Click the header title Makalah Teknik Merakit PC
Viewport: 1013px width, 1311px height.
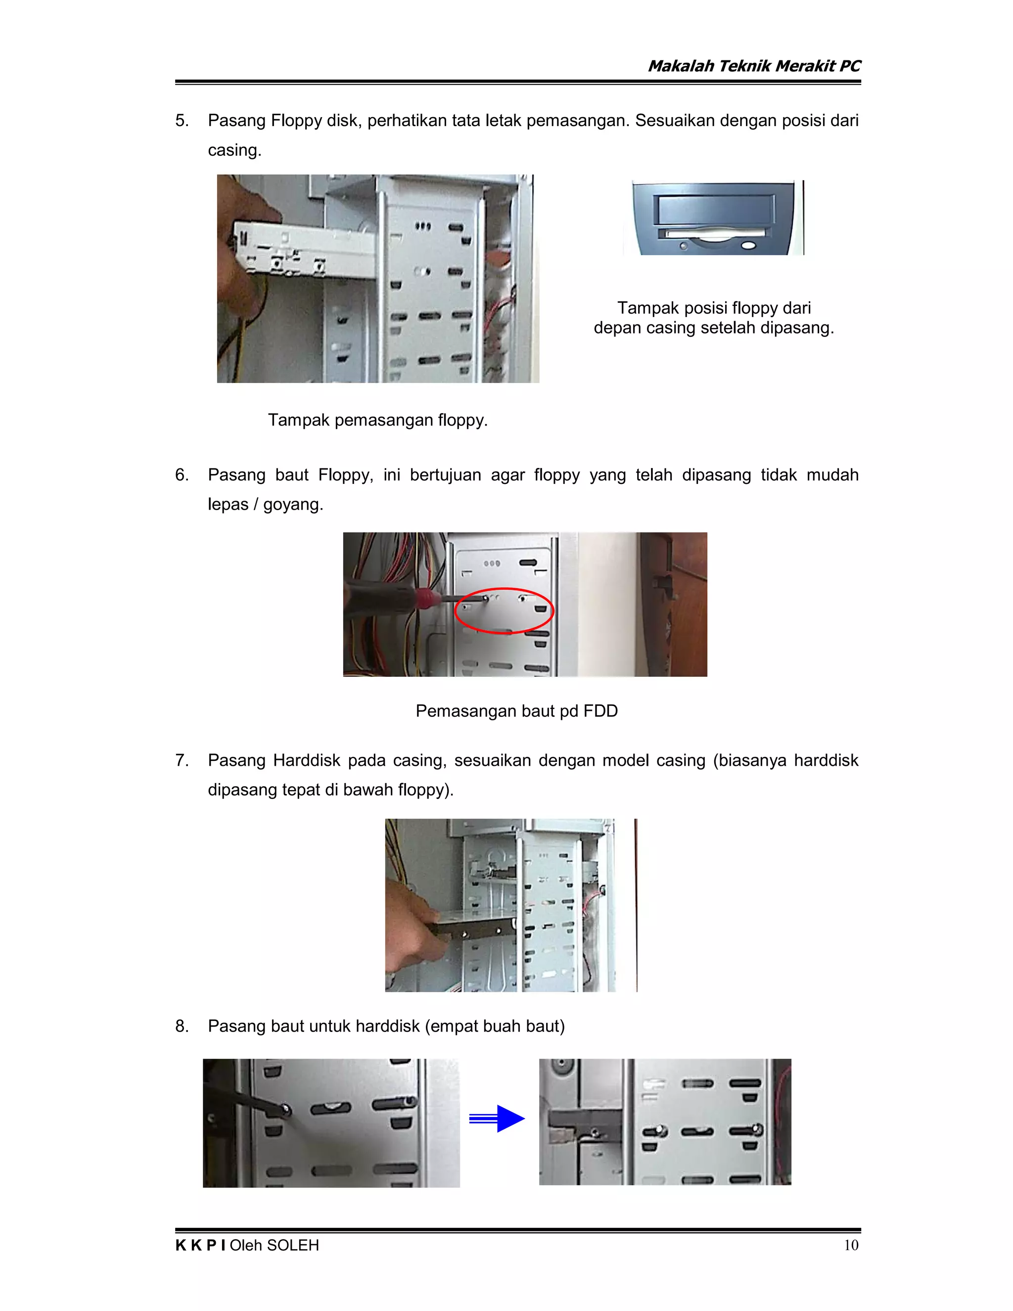point(754,66)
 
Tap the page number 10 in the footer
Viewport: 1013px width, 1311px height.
point(850,1245)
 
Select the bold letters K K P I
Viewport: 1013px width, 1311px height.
point(200,1245)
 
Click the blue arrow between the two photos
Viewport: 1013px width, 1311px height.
point(498,1119)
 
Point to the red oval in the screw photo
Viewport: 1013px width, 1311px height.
point(504,610)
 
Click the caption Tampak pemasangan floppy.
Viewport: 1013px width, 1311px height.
point(377,420)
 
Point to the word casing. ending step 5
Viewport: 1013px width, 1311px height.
point(234,150)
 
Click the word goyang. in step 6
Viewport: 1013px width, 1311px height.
point(293,504)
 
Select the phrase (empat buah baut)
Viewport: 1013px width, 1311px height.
point(495,1026)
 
